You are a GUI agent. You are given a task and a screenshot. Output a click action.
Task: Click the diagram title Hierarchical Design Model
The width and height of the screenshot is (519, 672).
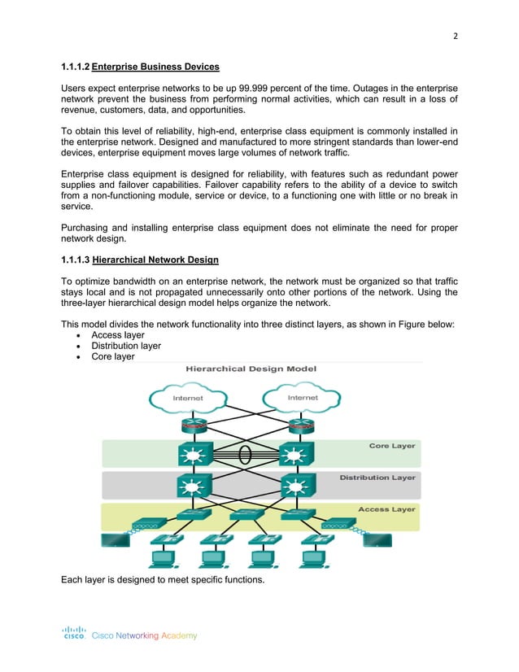click(251, 369)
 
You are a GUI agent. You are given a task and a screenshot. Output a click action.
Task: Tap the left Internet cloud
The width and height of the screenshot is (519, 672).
click(189, 398)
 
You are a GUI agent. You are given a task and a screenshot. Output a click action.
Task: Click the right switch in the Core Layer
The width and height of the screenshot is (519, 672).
click(292, 453)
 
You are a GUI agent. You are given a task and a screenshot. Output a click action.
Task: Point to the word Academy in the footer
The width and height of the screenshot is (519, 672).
click(179, 635)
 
